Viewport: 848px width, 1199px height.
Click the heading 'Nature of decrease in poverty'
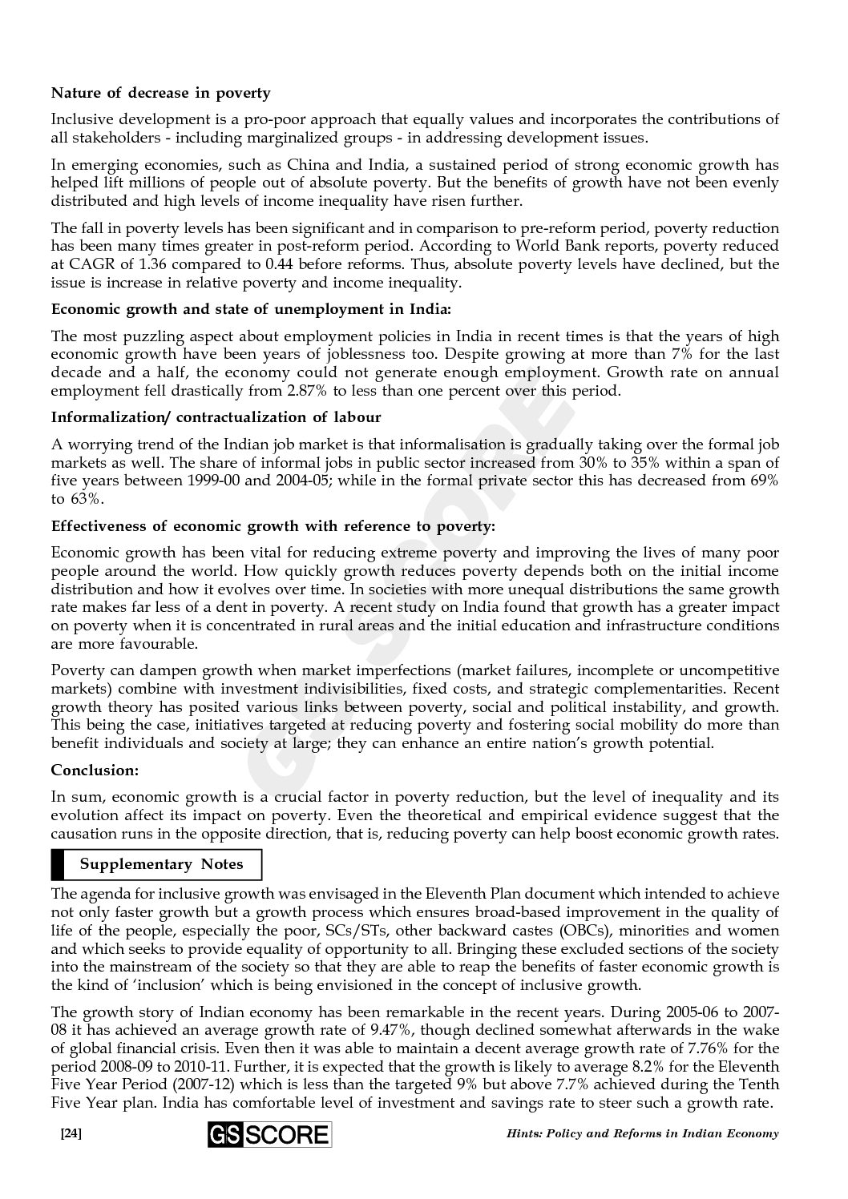click(x=160, y=94)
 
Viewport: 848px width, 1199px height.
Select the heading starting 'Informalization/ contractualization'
click(x=216, y=417)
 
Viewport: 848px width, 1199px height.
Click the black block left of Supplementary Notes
click(x=57, y=865)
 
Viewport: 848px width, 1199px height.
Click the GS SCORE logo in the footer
click(x=269, y=1134)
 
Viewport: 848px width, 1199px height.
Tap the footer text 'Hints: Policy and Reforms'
click(x=601, y=1134)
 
